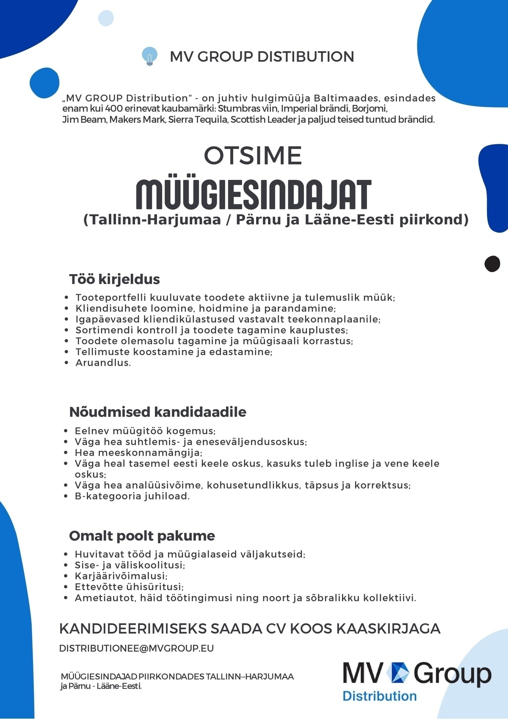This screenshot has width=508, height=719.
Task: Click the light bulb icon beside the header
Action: [149, 56]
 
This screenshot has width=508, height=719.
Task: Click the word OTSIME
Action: [253, 156]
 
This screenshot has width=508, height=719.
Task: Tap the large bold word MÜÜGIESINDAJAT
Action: [253, 195]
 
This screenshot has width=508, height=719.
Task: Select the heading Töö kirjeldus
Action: [114, 279]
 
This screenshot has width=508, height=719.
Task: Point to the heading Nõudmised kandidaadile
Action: [157, 412]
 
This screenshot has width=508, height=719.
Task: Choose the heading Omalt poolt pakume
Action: [142, 536]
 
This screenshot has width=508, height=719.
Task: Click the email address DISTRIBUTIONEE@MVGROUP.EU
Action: [136, 648]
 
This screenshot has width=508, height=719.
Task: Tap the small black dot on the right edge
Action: [492, 264]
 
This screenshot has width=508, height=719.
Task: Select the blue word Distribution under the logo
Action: [379, 696]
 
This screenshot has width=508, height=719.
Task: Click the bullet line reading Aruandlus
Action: [103, 363]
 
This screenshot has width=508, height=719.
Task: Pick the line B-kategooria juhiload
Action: [132, 496]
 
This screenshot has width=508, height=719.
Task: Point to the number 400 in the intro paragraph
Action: [114, 109]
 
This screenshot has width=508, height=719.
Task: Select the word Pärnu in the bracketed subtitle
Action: [258, 220]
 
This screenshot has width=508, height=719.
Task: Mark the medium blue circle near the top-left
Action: [44, 83]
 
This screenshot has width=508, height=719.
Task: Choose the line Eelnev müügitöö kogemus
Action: [145, 431]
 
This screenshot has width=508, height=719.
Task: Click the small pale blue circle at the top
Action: [106, 18]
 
